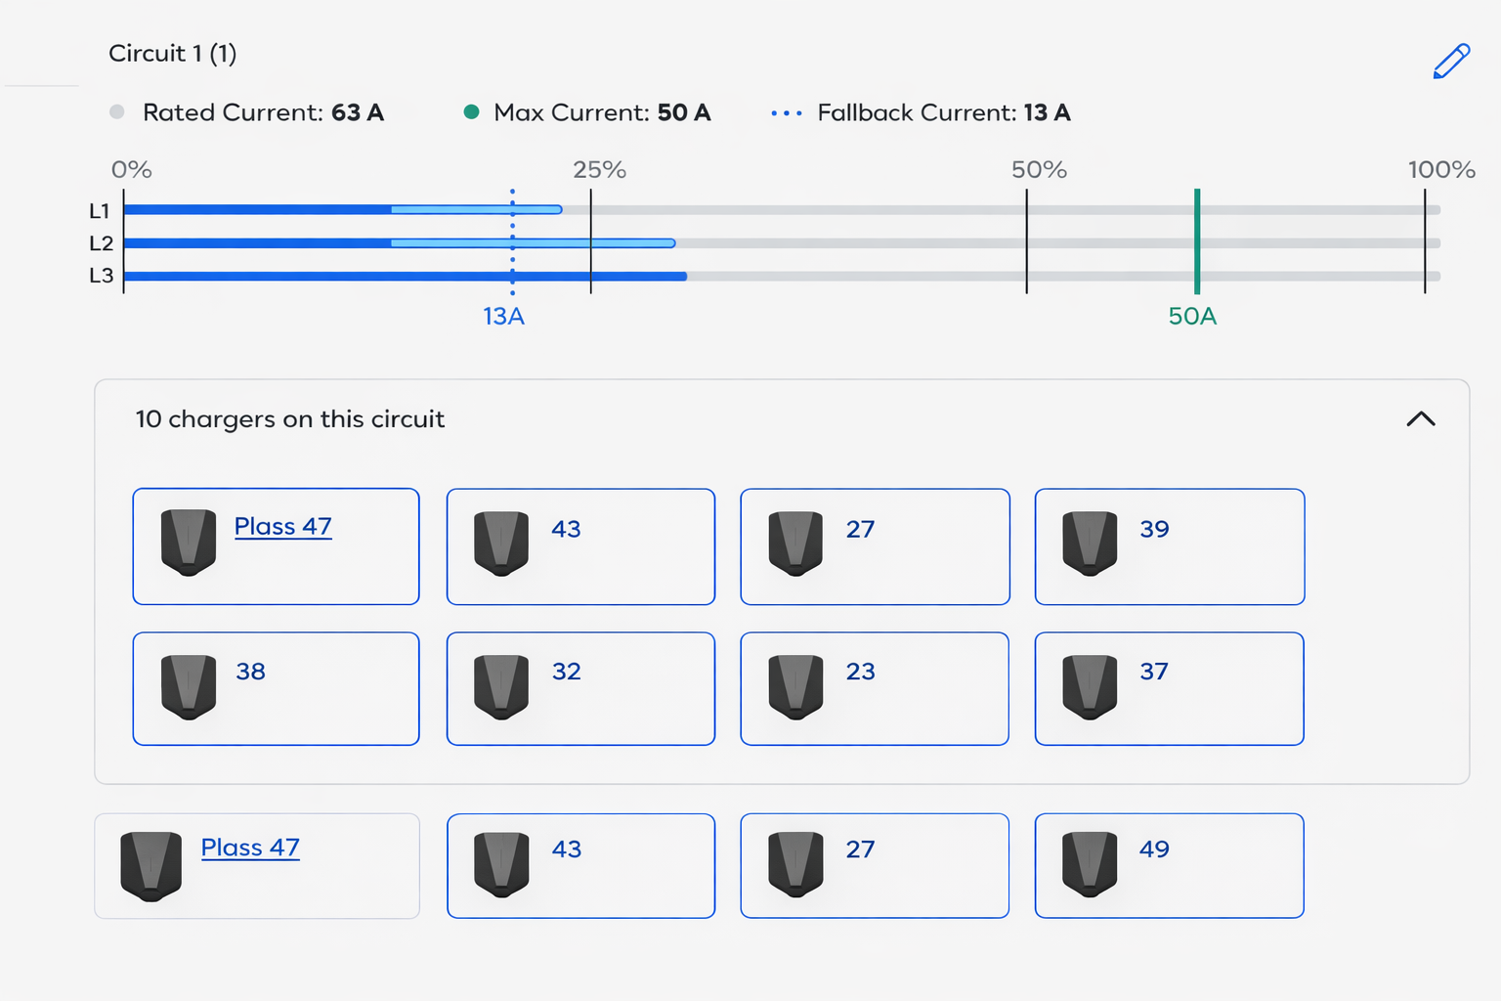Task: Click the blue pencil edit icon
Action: [x=1451, y=62]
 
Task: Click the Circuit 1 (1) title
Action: [x=172, y=54]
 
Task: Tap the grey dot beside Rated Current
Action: [x=117, y=112]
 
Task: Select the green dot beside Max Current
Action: [x=471, y=112]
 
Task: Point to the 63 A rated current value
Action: [x=358, y=112]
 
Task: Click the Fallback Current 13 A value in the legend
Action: [x=1048, y=112]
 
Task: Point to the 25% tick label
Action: [x=599, y=170]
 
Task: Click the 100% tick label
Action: [x=1441, y=170]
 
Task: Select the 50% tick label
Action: [x=1039, y=170]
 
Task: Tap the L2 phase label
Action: [x=102, y=242]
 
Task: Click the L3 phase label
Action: [x=102, y=275]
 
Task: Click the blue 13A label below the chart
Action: [x=504, y=316]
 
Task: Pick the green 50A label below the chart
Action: [x=1192, y=316]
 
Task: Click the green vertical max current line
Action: [x=1197, y=241]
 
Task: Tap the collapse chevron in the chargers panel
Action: [x=1421, y=419]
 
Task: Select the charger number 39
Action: [x=1154, y=529]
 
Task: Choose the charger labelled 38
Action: [x=250, y=672]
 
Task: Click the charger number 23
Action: [x=860, y=672]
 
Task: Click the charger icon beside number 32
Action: [x=501, y=687]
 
